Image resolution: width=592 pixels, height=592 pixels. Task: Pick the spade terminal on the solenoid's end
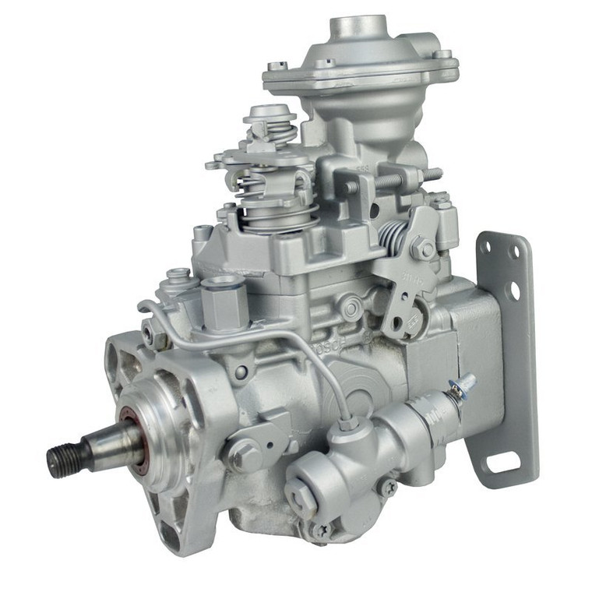[464, 384]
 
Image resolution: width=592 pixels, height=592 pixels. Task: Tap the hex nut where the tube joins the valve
[348, 425]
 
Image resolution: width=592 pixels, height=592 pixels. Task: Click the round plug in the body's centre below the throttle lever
[352, 308]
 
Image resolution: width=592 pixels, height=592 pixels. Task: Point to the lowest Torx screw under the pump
[319, 532]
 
